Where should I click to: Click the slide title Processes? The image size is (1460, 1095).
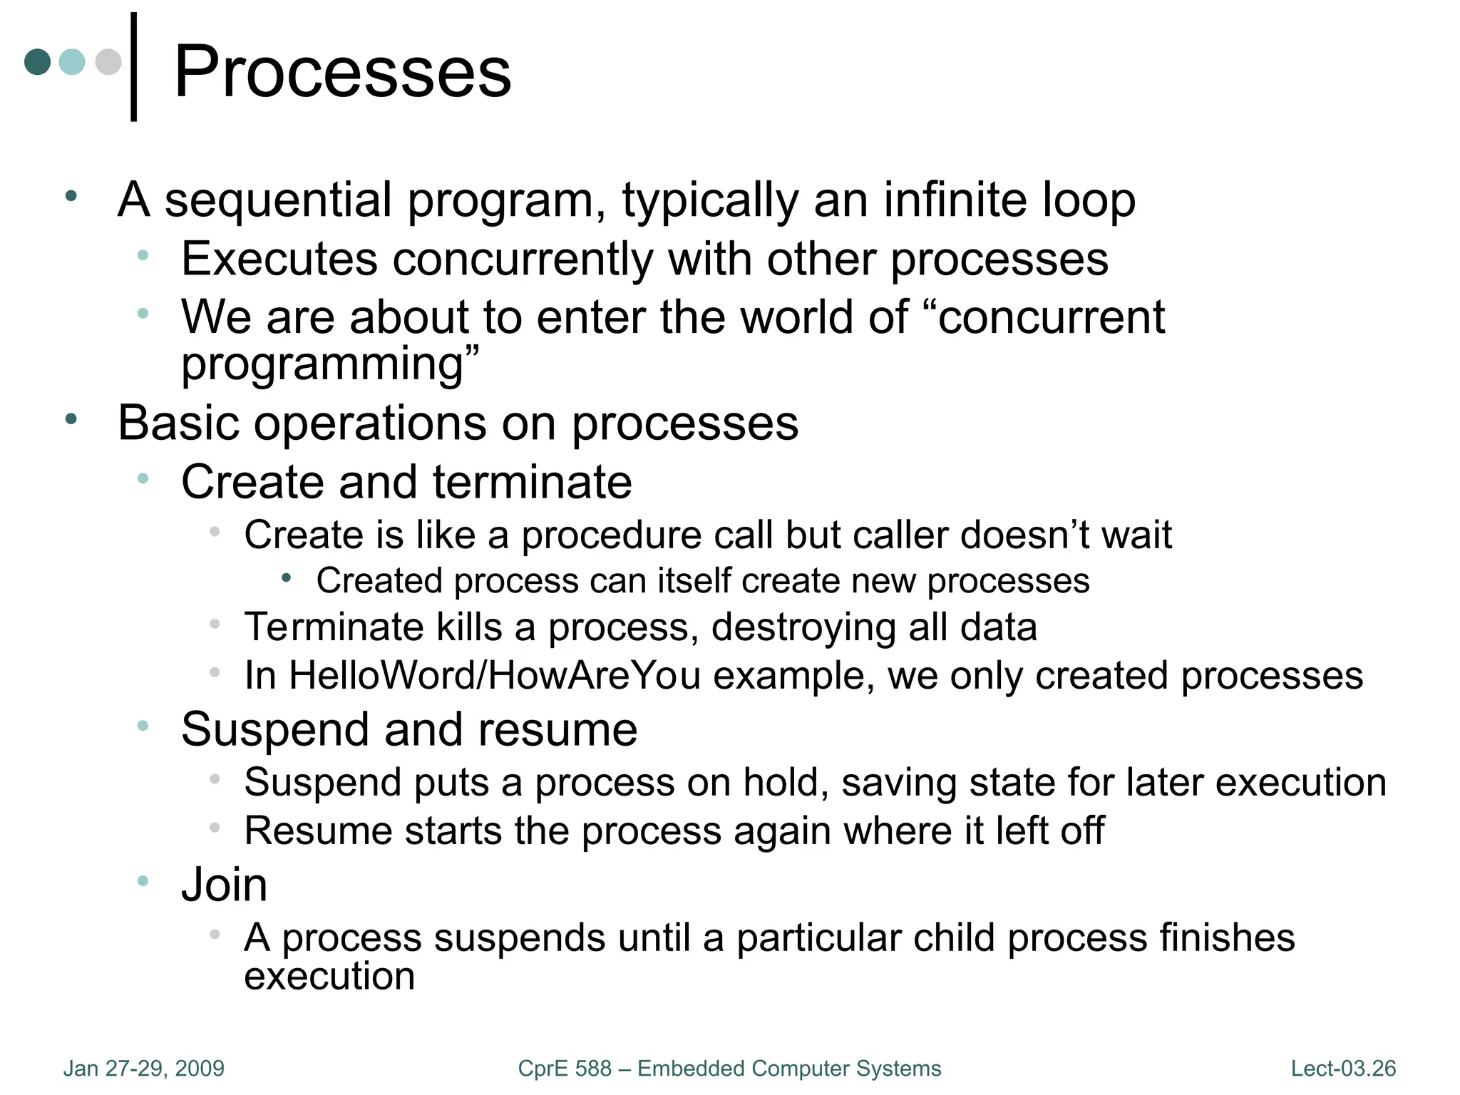tap(342, 71)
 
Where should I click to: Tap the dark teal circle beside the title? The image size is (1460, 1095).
tap(37, 62)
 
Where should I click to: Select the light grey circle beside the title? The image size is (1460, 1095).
tap(108, 62)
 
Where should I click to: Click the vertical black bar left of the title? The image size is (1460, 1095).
tap(133, 67)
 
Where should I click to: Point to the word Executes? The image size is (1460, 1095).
tap(279, 259)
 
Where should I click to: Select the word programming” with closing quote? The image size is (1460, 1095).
tap(330, 364)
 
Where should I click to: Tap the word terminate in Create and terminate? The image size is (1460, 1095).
tap(532, 482)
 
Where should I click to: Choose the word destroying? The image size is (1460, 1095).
tap(803, 627)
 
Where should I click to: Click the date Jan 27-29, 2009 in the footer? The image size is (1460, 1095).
tap(144, 1068)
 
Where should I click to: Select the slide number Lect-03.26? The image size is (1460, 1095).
tap(1343, 1068)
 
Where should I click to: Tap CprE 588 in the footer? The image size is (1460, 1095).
tap(565, 1068)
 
